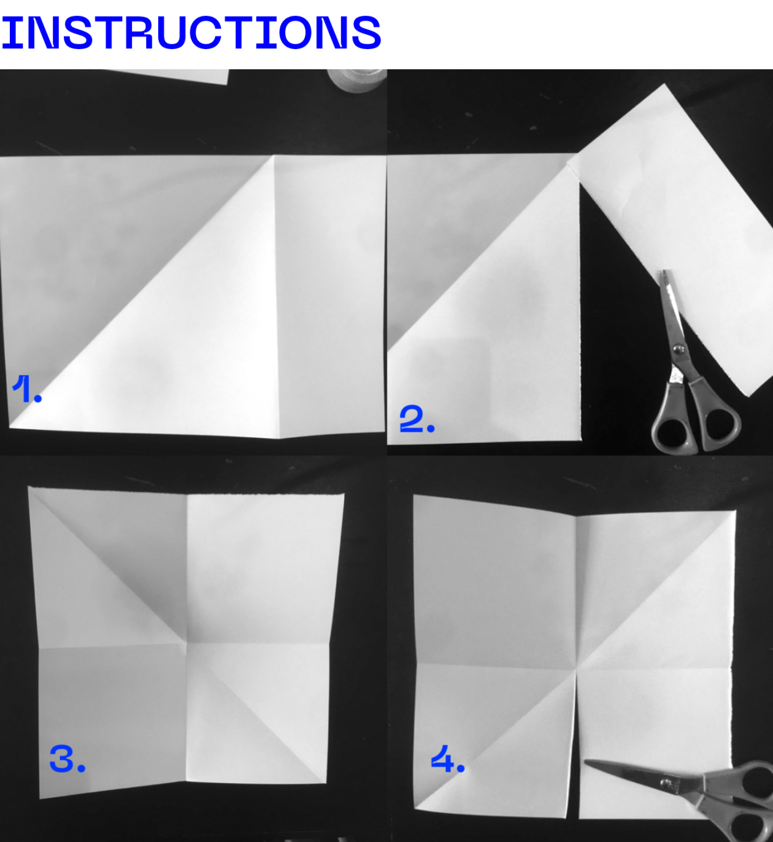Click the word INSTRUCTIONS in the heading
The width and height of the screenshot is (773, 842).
pos(191,33)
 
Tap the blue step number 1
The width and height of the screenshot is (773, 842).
pos(27,389)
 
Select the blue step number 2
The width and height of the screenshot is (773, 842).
pos(417,418)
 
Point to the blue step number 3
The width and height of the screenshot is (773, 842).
pos(67,759)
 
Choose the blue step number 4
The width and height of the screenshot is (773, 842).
pos(448,759)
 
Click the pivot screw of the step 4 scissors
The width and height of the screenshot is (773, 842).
pos(666,782)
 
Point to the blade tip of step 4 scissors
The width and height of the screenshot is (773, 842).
pos(586,761)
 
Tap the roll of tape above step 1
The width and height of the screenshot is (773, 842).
pos(357,80)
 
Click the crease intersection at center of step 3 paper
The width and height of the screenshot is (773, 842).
pos(186,642)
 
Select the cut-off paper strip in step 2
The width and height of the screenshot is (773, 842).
pos(676,235)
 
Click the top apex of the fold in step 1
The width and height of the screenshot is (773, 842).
pos(274,156)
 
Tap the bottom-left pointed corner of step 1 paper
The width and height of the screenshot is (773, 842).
pos(9,427)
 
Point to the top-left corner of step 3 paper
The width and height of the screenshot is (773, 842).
pos(28,488)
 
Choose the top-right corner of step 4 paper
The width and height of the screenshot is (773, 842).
pos(736,510)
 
